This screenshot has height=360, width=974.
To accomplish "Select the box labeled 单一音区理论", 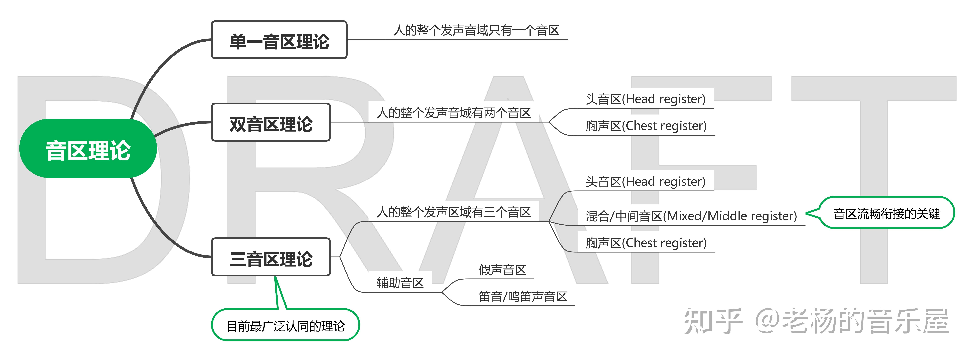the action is coord(279,40).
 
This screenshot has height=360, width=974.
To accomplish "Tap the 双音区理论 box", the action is coord(271,123).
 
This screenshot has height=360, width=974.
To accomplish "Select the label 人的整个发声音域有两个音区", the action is coord(453,113).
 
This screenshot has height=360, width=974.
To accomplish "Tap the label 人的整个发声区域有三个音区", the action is coord(453,212).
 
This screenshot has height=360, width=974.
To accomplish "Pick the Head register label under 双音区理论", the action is coord(645,99).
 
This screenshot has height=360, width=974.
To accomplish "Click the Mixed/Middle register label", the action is coord(691,216).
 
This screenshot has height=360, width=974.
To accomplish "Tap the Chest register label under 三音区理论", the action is coord(646,243).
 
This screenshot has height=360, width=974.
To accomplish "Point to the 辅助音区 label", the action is coord(400,283).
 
